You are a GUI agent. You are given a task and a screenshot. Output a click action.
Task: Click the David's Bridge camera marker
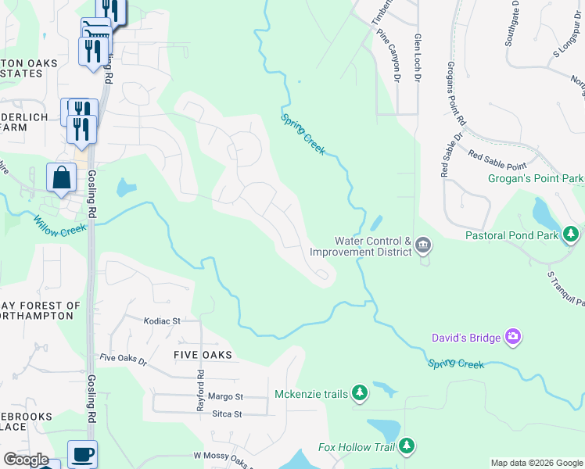tap(513, 338)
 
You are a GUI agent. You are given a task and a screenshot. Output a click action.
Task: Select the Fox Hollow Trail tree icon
tap(406, 447)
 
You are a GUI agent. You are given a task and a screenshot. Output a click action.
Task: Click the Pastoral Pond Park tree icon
tap(573, 234)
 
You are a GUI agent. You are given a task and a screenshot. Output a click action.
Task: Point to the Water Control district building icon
tap(423, 246)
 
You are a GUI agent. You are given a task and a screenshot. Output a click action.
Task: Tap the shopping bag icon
tap(61, 177)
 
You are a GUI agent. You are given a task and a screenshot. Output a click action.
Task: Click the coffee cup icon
tap(82, 453)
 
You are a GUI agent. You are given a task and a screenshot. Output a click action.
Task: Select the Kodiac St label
tap(163, 320)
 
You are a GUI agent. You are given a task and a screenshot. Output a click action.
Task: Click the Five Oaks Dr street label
tap(124, 359)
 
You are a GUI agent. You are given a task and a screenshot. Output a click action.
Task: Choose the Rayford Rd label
tap(201, 396)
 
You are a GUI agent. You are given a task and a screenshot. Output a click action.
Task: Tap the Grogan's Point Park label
tap(536, 179)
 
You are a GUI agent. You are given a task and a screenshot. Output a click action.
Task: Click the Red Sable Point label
tap(497, 161)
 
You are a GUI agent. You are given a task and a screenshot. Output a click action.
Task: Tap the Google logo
tap(26, 460)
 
